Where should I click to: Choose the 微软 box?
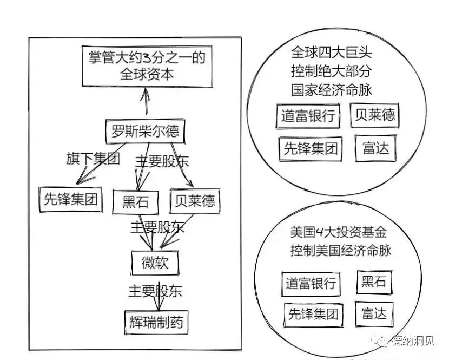(x=154, y=263)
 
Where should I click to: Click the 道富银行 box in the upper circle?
(x=308, y=116)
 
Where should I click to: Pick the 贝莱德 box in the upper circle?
(x=374, y=115)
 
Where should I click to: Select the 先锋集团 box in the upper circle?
(x=311, y=148)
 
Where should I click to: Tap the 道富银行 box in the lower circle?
(x=311, y=283)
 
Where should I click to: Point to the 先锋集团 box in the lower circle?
(x=313, y=313)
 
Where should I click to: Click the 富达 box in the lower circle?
(x=374, y=313)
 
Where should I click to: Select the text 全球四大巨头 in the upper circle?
(x=331, y=53)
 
